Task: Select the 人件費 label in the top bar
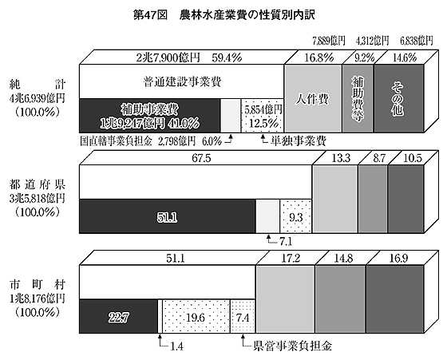(312, 99)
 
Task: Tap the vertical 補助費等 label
(358, 99)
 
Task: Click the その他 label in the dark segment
(398, 99)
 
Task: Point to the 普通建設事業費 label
(182, 82)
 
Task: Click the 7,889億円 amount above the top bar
(329, 41)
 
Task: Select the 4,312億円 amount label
(372, 41)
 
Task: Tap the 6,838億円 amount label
(417, 41)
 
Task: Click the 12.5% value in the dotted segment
(263, 124)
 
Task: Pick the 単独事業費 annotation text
(299, 140)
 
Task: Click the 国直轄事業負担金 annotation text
(116, 141)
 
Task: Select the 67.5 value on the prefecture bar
(201, 158)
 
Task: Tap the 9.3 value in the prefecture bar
(296, 218)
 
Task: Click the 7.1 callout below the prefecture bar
(286, 242)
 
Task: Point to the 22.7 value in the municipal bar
(119, 317)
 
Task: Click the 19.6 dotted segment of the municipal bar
(196, 316)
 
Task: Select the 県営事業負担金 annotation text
(292, 346)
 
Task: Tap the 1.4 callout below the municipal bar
(176, 347)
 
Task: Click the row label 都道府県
(38, 184)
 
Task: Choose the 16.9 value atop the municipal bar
(398, 259)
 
